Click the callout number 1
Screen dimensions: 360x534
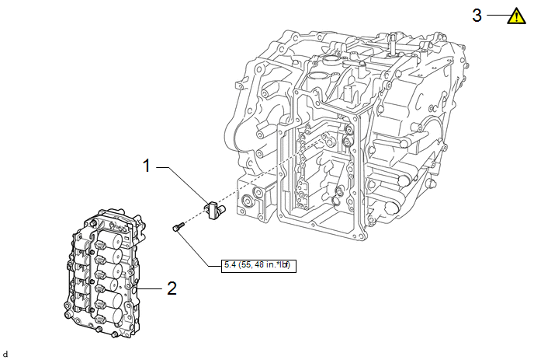146,166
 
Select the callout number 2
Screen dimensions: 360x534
172,288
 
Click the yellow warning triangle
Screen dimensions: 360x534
515,15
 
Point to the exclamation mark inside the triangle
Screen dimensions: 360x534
515,16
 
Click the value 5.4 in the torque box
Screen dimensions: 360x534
229,264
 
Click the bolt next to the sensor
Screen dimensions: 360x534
177,227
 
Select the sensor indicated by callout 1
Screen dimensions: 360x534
213,209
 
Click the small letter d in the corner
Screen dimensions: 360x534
5,354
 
